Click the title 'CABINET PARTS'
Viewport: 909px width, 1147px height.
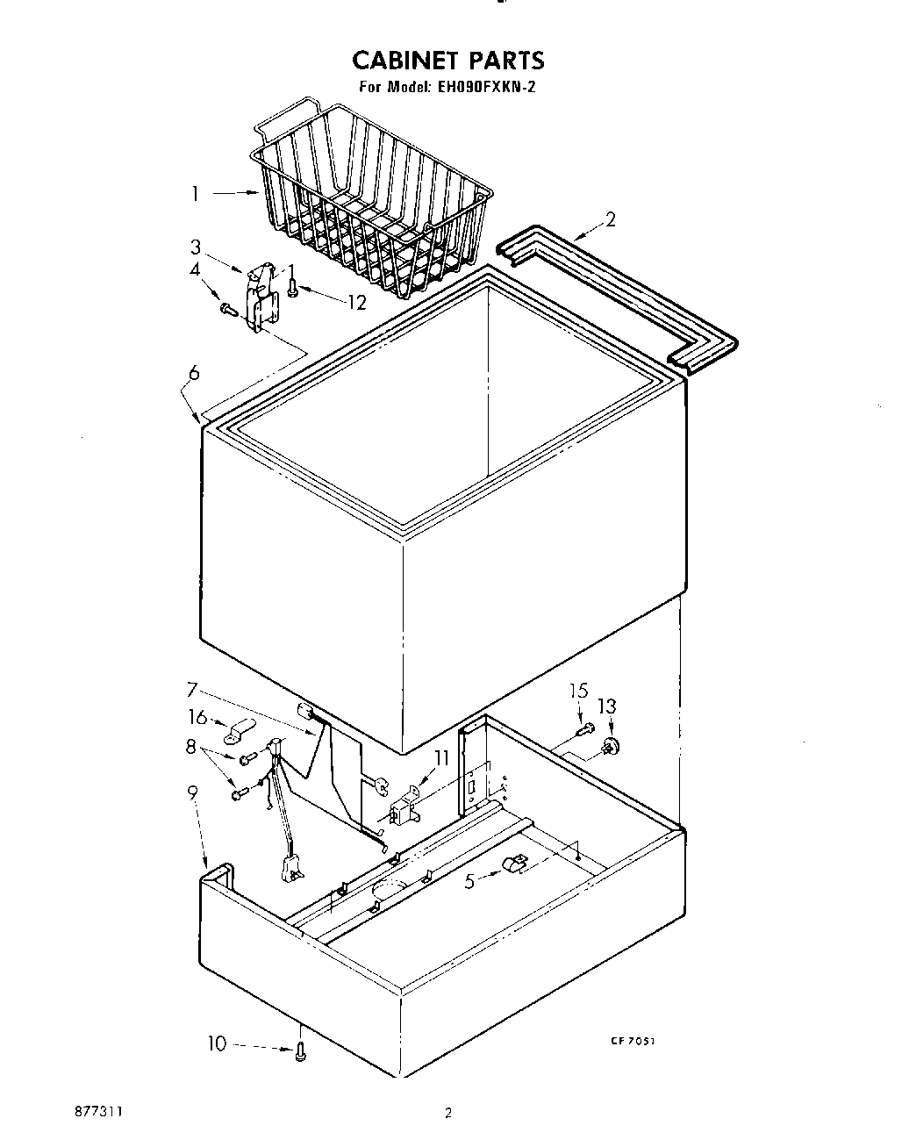[x=448, y=60]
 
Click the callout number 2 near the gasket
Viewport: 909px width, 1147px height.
[x=611, y=219]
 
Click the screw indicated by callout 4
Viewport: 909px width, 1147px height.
[x=228, y=309]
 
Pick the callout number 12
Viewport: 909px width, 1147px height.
[x=356, y=302]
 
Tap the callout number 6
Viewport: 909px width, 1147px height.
[x=193, y=373]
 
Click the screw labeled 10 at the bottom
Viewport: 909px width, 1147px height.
[x=301, y=1051]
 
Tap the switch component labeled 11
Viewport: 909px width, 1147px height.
[x=403, y=807]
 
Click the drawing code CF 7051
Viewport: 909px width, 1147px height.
[x=633, y=1041]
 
